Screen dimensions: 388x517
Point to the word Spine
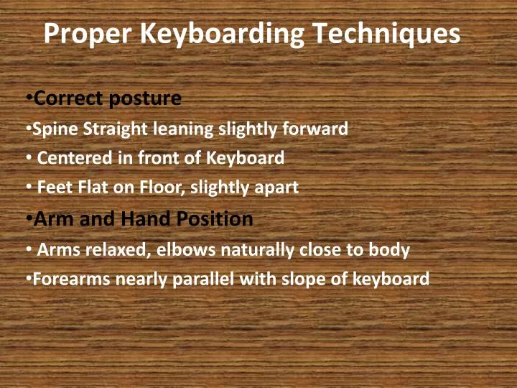click(52, 129)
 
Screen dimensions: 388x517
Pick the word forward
click(320, 129)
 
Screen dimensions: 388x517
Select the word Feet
click(51, 188)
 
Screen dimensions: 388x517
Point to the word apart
click(277, 188)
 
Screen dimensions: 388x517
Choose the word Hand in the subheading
click(144, 218)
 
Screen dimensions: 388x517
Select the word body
click(391, 250)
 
